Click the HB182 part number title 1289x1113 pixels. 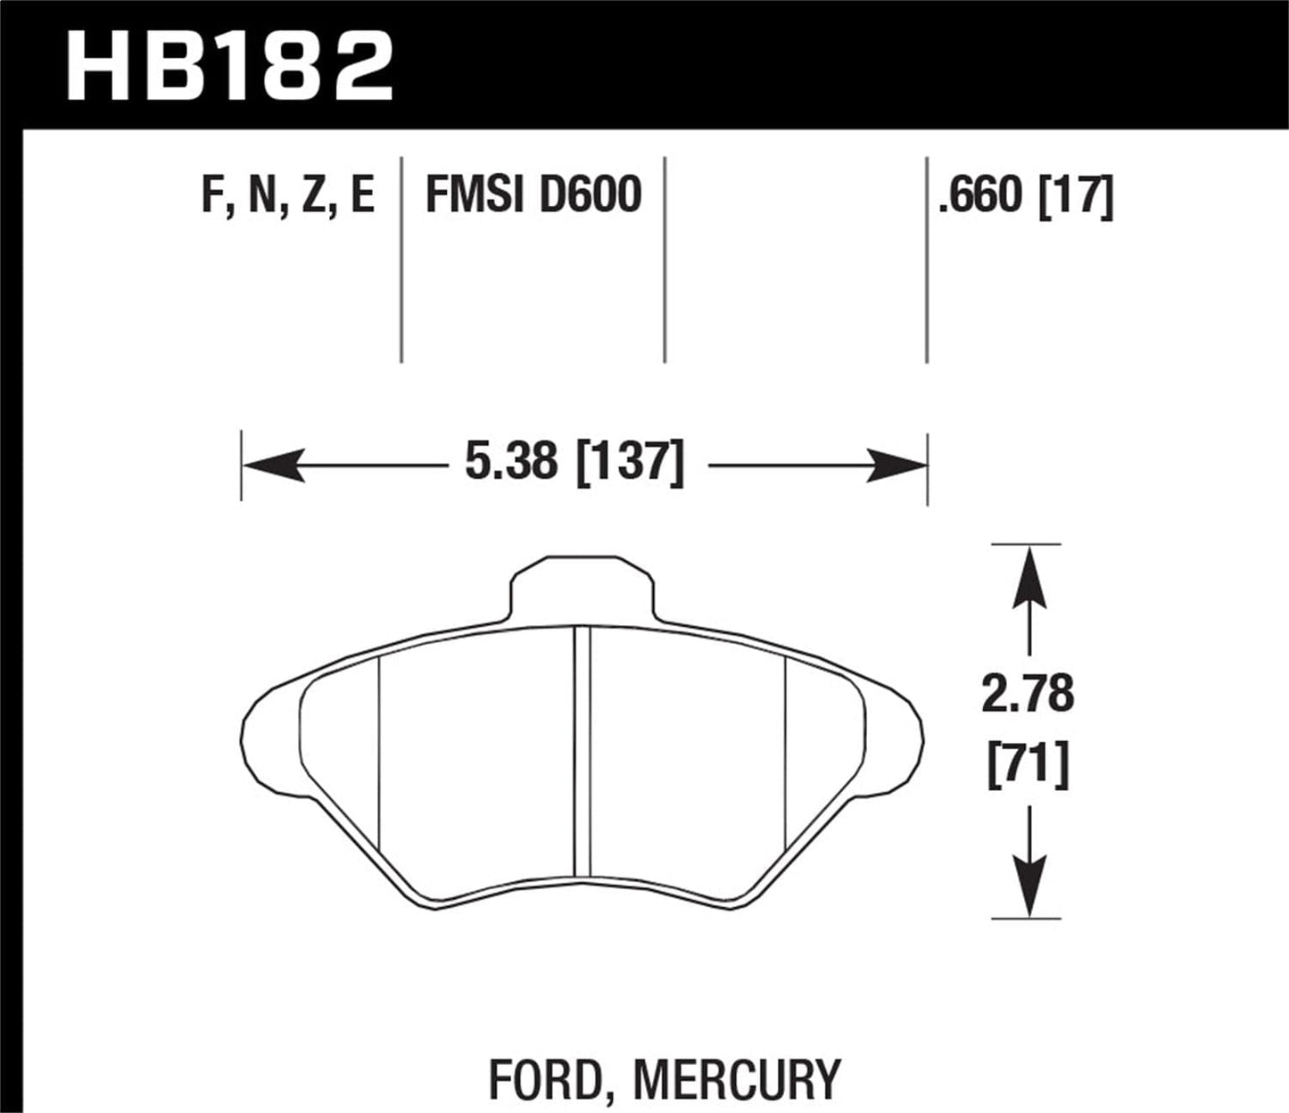coord(229,66)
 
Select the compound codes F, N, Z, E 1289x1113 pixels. coord(288,195)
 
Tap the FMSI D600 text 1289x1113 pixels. coord(533,195)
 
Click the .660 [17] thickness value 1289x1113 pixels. coord(1025,195)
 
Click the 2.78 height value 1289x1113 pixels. coord(1028,694)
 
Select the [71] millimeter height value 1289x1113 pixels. coord(1028,765)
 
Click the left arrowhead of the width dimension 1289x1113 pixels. coord(272,466)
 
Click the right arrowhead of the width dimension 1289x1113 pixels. coord(897,466)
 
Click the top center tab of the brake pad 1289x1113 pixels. coord(582,589)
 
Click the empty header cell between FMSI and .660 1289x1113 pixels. coord(796,259)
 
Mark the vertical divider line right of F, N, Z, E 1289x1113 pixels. coord(401,259)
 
